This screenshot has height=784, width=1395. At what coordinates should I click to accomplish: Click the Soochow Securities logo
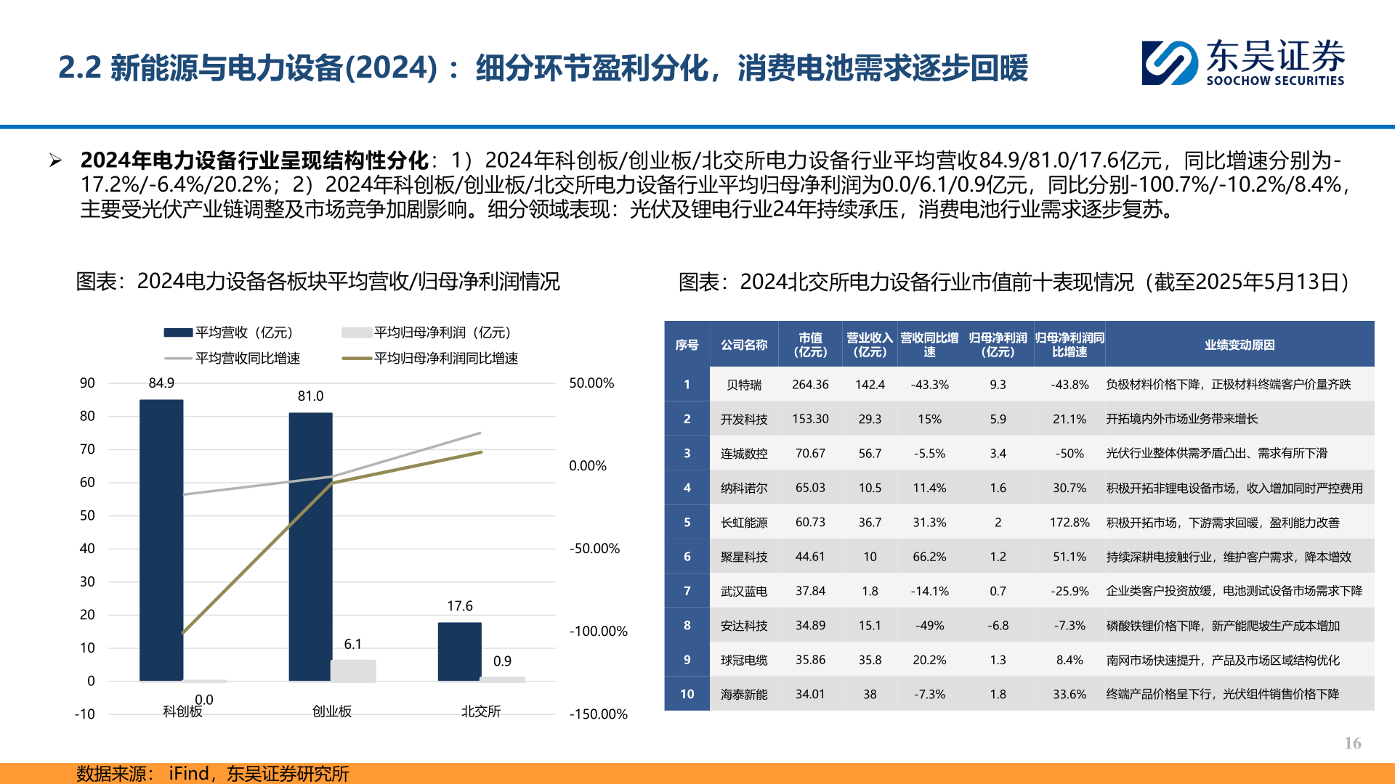(x=1242, y=62)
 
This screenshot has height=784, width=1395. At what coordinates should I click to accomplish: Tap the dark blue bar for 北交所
(x=459, y=651)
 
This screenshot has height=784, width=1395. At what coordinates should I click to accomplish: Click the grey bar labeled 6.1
(x=353, y=670)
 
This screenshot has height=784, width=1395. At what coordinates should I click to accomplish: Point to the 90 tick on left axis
(x=87, y=383)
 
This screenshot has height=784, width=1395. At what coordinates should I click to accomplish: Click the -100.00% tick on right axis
(x=598, y=631)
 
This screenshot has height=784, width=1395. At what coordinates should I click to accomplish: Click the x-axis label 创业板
(x=331, y=711)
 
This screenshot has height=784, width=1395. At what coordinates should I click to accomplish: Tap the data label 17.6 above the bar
(x=459, y=605)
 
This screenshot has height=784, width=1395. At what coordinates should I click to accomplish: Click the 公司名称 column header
(x=743, y=345)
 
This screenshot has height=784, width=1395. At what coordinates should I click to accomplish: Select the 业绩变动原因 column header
(x=1239, y=345)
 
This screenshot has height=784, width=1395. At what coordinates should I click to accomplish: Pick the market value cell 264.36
(x=810, y=384)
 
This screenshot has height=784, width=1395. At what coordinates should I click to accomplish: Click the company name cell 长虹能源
(x=743, y=522)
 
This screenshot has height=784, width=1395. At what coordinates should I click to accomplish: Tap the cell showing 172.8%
(x=1069, y=522)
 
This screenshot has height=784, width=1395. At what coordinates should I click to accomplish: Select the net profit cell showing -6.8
(x=998, y=625)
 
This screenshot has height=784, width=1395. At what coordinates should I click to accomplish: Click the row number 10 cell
(x=687, y=694)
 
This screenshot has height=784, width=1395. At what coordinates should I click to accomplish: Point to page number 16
(x=1352, y=743)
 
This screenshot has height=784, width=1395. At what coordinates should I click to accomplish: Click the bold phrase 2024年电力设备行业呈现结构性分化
(x=254, y=160)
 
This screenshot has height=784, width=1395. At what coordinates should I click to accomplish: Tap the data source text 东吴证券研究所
(x=287, y=773)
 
